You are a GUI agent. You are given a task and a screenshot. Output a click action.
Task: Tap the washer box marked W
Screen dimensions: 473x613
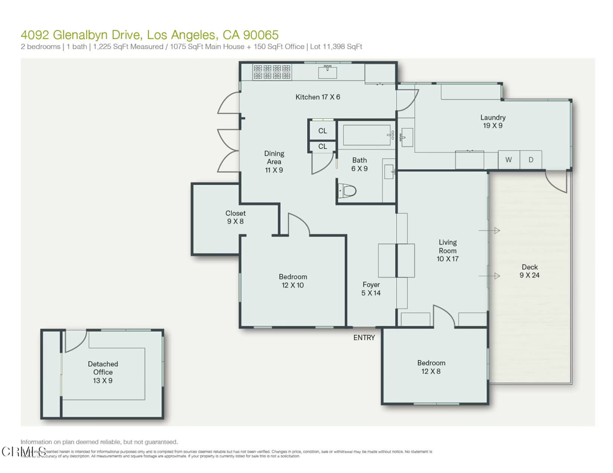[509, 160]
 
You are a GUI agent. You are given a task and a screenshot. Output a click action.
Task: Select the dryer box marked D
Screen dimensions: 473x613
[530, 160]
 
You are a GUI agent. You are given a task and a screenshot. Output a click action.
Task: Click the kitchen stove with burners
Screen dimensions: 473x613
[272, 72]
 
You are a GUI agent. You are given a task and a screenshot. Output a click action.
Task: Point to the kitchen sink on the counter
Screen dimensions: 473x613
[327, 73]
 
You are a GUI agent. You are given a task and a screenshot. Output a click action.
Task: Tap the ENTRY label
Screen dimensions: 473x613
[364, 338]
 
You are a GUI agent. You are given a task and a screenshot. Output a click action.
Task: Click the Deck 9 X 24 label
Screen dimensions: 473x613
[529, 271]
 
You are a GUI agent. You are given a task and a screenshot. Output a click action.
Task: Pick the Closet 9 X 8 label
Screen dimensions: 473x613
[235, 217]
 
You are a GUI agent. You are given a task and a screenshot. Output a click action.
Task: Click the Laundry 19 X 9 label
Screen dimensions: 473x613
[493, 122]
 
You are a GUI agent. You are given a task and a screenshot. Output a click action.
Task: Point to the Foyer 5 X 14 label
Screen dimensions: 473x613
[371, 289]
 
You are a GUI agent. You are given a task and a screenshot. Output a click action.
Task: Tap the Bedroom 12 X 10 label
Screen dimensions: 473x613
[293, 281]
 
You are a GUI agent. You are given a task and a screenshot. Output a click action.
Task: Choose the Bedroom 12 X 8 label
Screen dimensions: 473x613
[431, 367]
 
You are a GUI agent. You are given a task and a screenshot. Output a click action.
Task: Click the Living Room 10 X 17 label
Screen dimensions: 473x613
[447, 251]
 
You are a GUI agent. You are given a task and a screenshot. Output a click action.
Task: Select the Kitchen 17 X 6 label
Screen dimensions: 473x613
[318, 97]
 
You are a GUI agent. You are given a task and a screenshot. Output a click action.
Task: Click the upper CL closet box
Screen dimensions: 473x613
[323, 130]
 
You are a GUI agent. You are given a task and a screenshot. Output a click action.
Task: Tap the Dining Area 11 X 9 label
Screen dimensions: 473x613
[274, 161]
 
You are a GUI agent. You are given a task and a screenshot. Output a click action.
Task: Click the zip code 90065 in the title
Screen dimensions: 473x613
[260, 35]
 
